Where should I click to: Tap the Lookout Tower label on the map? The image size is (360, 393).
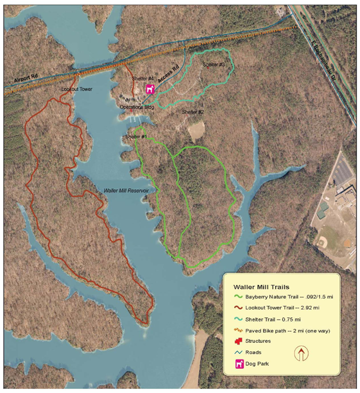tap(77, 90)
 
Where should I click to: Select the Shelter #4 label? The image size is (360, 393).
tap(142, 78)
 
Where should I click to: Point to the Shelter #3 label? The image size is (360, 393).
tap(213, 65)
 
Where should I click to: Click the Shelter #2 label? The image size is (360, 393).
tap(193, 111)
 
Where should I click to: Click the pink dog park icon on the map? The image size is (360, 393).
tap(150, 90)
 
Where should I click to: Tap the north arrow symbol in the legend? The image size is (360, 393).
tap(301, 353)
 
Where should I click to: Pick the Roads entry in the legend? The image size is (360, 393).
tap(254, 352)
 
